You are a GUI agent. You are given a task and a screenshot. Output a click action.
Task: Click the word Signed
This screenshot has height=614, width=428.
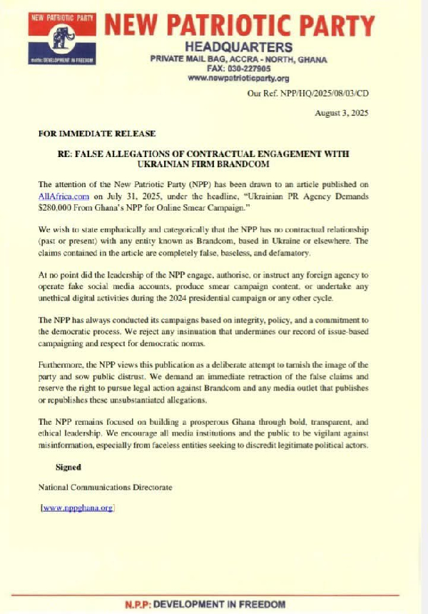[68, 467]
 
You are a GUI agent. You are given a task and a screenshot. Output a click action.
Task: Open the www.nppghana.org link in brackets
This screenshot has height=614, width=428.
[78, 508]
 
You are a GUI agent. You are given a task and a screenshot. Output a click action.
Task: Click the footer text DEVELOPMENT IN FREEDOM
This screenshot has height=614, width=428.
[237, 605]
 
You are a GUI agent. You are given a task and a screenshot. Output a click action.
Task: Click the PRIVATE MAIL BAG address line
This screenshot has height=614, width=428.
[238, 59]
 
